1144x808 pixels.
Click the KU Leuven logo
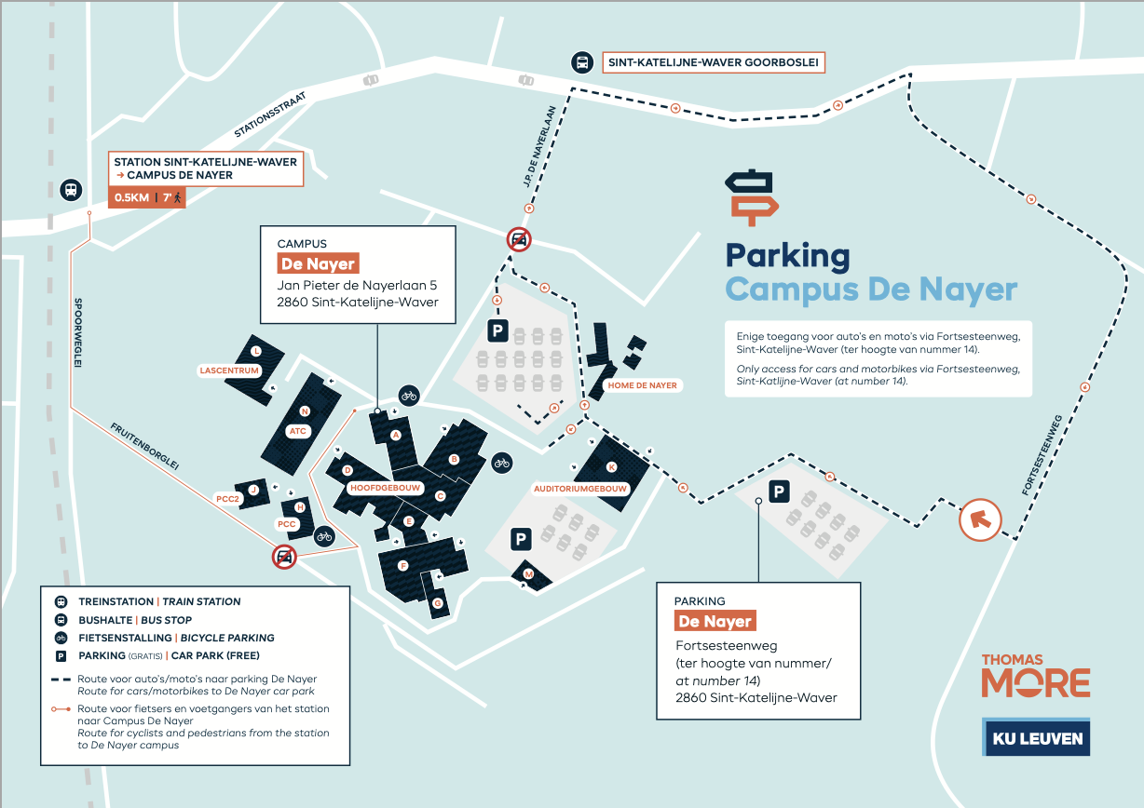click(1035, 736)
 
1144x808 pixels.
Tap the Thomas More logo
click(1035, 676)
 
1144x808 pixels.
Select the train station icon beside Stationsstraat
click(70, 190)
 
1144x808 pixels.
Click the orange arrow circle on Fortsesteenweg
click(980, 519)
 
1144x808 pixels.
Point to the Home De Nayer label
click(642, 384)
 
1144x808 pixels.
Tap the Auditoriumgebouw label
click(581, 488)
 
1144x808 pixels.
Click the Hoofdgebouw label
click(386, 488)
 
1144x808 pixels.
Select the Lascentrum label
click(229, 370)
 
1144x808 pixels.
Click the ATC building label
click(298, 431)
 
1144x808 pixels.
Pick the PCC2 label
click(228, 499)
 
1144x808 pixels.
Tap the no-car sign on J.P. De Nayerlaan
click(519, 239)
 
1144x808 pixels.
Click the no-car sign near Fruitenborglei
click(284, 558)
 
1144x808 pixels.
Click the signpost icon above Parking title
click(751, 196)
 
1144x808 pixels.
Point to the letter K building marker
click(611, 466)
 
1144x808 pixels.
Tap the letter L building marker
click(256, 351)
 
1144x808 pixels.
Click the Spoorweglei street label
click(78, 332)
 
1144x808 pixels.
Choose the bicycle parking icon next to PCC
click(324, 535)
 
